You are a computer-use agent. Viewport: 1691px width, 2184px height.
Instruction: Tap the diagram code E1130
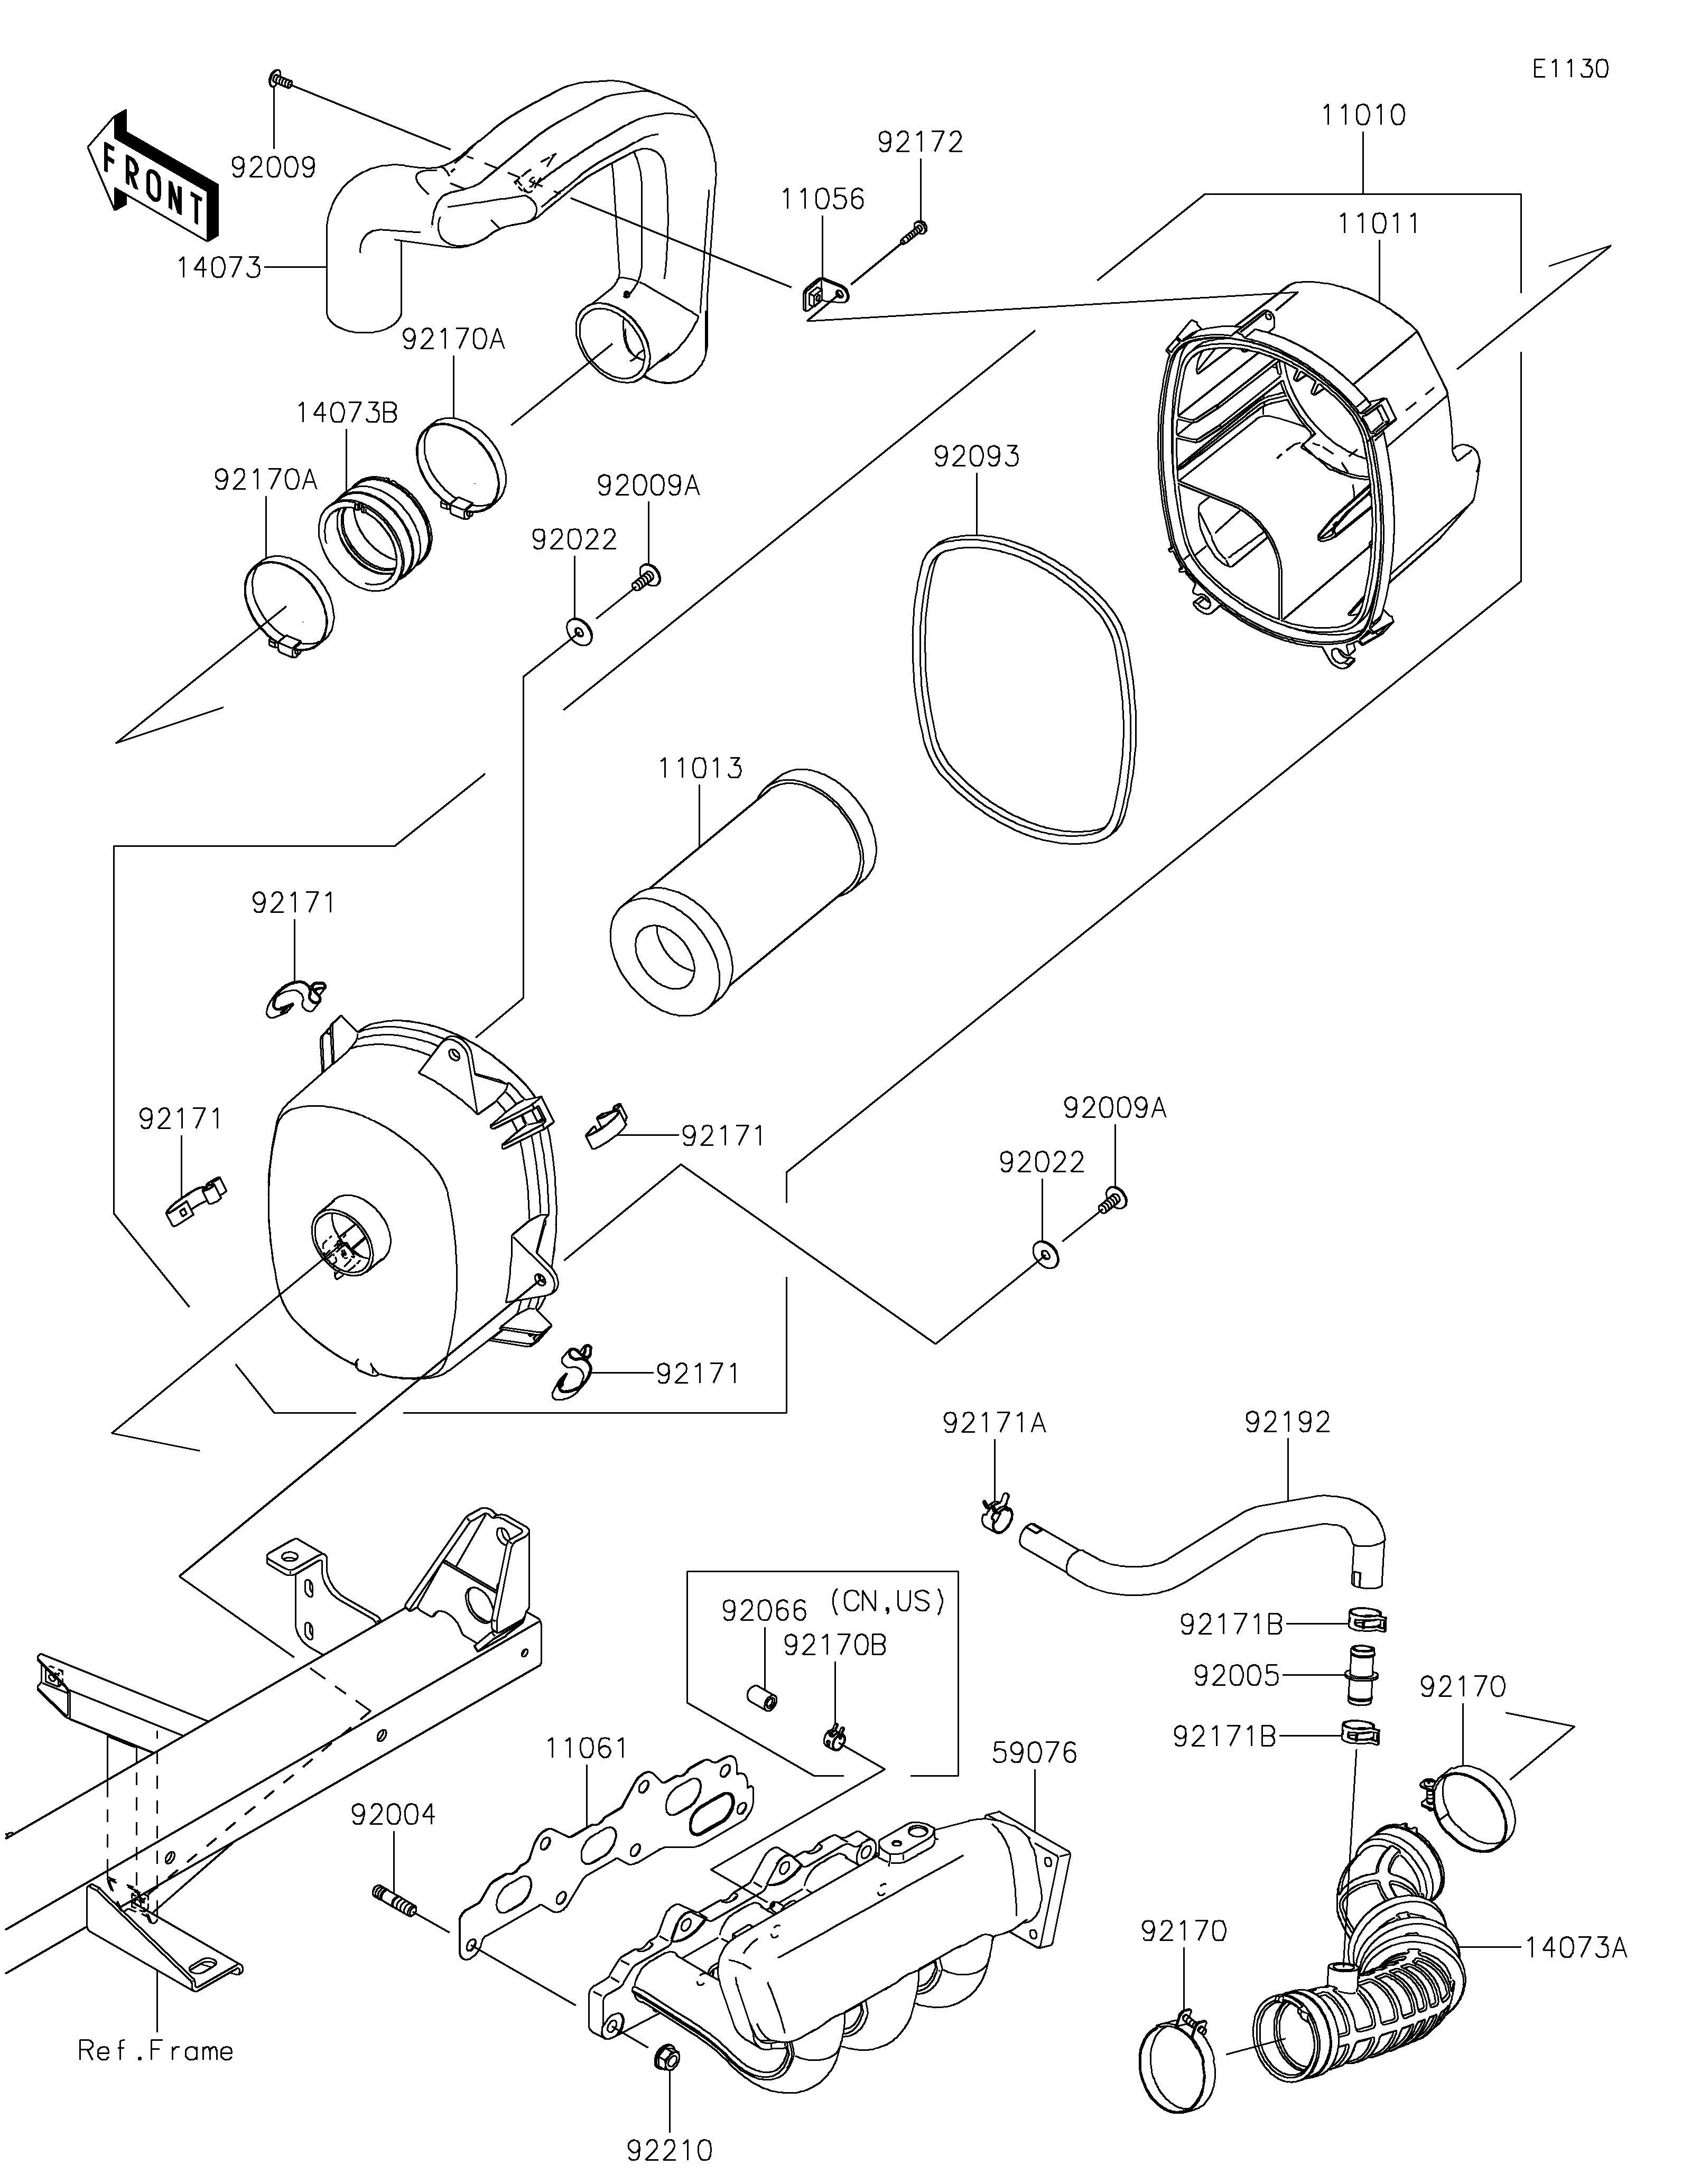tap(1570, 69)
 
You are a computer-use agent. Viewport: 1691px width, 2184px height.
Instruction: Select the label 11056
tap(822, 199)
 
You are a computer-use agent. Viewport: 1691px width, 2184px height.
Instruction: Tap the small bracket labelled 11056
tap(823, 295)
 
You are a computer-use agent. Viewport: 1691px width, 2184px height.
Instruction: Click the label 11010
tap(1363, 115)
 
